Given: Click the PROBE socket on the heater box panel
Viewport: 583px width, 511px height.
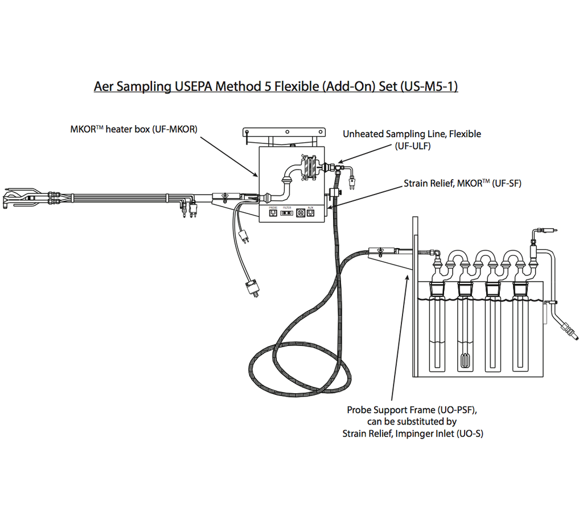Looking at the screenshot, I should pyautogui.click(x=274, y=214).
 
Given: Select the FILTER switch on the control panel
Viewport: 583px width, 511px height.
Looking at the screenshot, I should pyautogui.click(x=286, y=214).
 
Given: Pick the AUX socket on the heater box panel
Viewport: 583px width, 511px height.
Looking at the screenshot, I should pyautogui.click(x=310, y=214).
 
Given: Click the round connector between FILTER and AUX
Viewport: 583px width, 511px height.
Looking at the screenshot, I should pyautogui.click(x=299, y=214).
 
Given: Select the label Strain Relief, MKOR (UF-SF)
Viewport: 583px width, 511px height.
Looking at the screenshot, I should pyautogui.click(x=462, y=183).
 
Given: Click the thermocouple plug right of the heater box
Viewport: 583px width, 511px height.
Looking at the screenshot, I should pyautogui.click(x=351, y=183).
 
